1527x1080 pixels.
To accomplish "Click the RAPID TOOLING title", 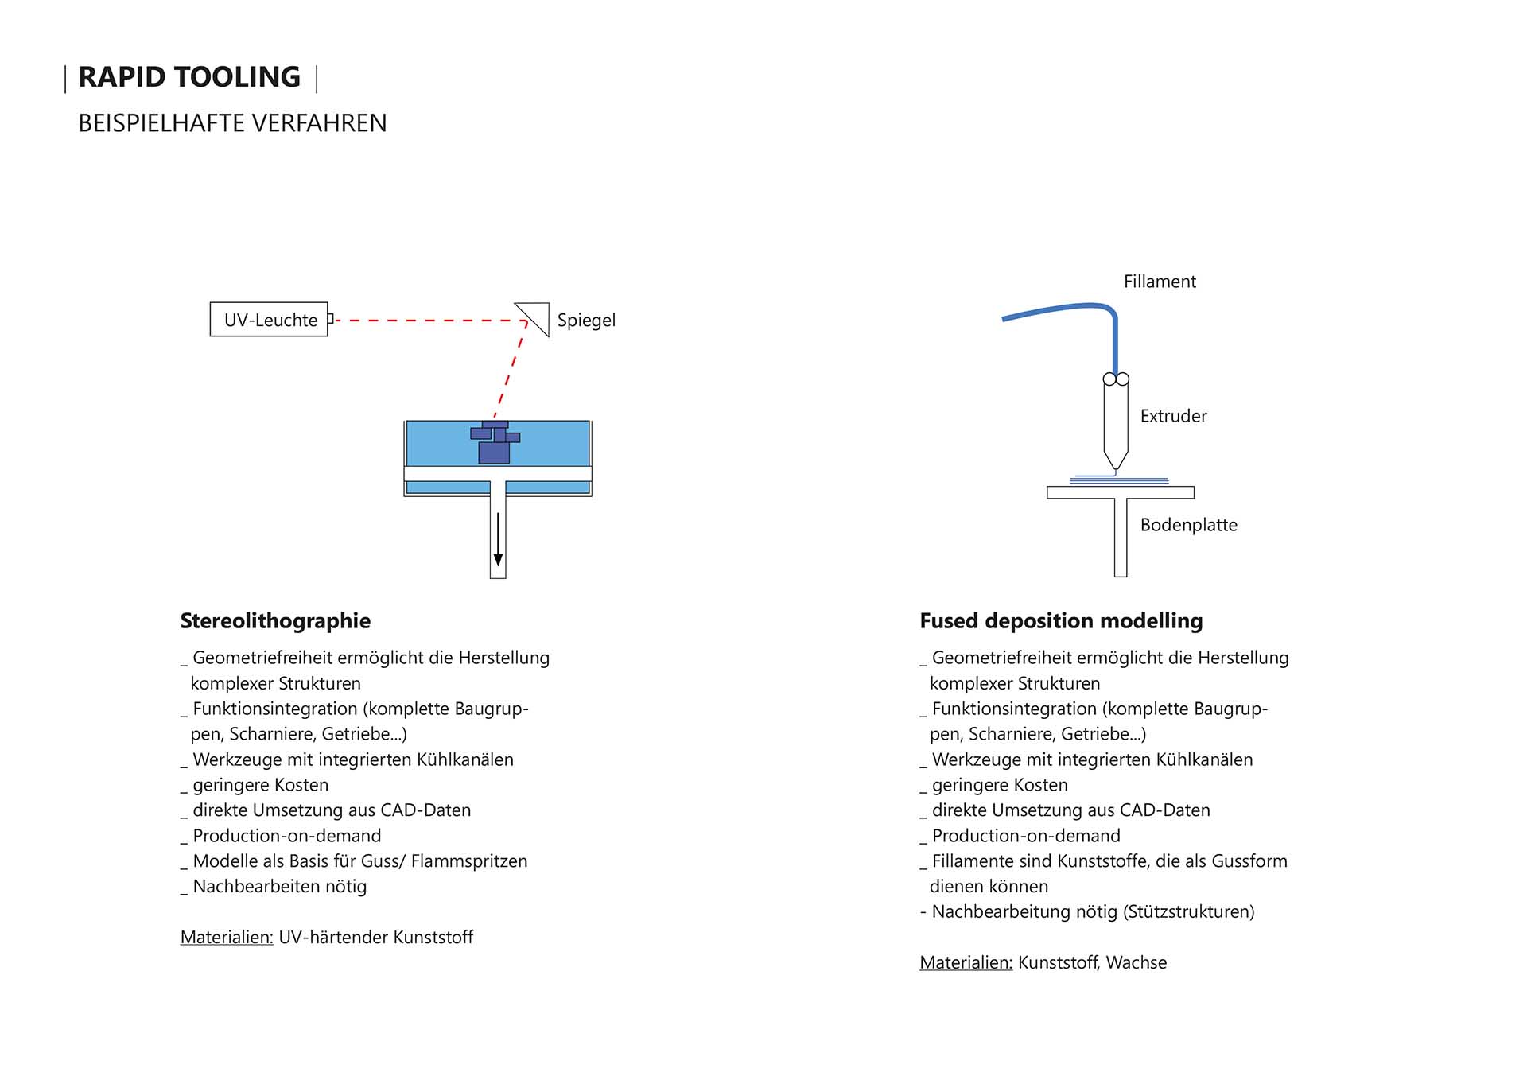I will coord(189,77).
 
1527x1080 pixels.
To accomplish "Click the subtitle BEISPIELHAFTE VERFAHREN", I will coord(232,123).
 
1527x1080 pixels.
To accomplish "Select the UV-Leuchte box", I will coord(269,320).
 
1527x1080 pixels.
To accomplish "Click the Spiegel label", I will coord(586,321).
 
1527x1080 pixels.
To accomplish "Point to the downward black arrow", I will coord(498,541).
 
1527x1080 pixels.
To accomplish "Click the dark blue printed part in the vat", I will coord(494,450).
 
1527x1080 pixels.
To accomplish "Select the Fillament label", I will coord(1160,282).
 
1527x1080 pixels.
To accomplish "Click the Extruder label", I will coord(1173,416).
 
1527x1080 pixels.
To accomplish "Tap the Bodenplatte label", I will coord(1188,525).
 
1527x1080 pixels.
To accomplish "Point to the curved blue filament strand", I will coord(1066,308).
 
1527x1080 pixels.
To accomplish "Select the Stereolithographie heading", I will coord(275,620).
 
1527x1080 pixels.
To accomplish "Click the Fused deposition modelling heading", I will coord(1061,620).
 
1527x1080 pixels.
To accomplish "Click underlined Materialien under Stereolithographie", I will coord(227,937).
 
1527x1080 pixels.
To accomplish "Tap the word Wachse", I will coord(1137,962).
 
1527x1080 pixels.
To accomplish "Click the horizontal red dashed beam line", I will coord(429,321).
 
